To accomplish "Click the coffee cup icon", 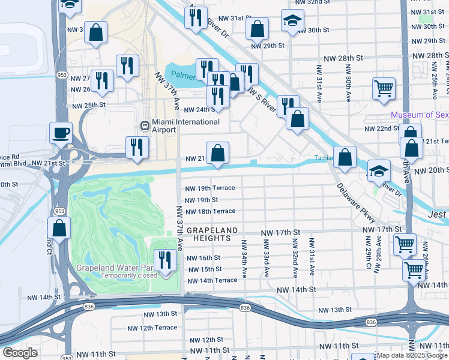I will [x=61, y=133].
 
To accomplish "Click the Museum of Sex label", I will [x=419, y=115].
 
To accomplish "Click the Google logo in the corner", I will [x=20, y=353].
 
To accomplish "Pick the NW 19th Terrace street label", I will [x=209, y=188].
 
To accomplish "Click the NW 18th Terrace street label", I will [x=209, y=211].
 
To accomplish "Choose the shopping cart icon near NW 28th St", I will [x=384, y=89].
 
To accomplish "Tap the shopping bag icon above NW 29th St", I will [x=257, y=28].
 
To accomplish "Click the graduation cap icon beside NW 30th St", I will [x=292, y=22].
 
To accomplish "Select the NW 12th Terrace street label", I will [x=152, y=328].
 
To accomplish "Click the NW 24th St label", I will [x=199, y=110].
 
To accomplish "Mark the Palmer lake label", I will [x=182, y=76].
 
